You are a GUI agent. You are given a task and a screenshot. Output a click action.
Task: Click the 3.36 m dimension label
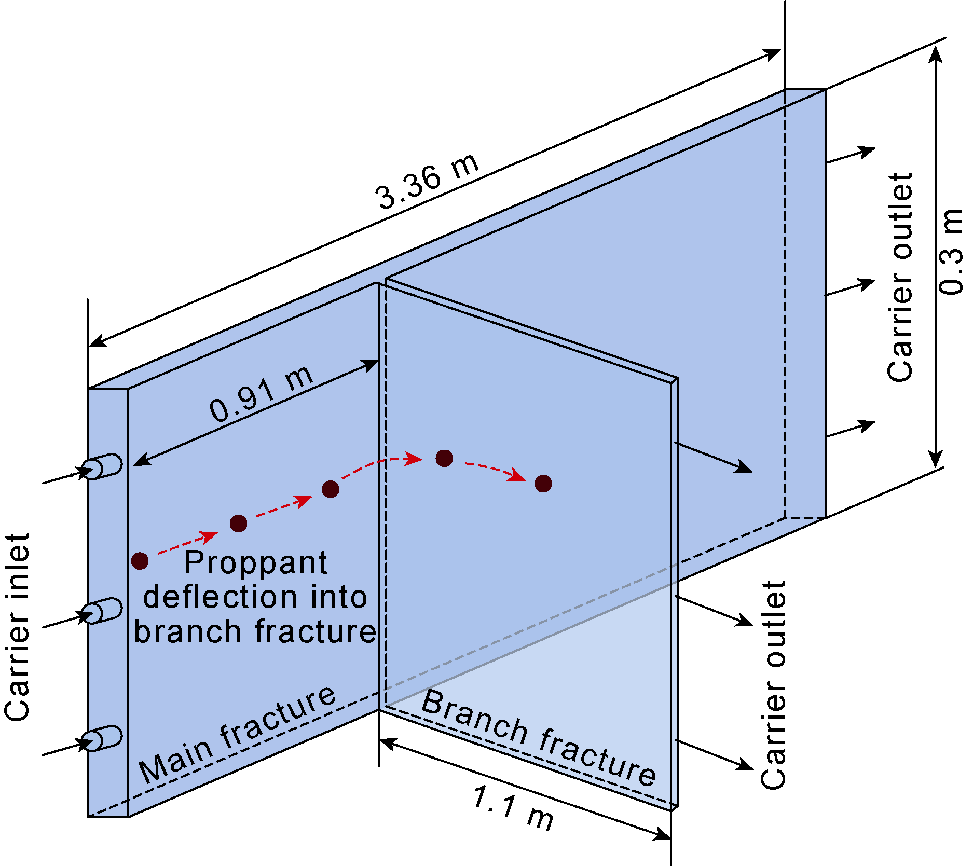point(427,182)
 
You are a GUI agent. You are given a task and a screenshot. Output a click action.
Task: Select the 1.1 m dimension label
point(513,808)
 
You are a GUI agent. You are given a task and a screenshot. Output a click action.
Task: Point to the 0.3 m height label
point(951,252)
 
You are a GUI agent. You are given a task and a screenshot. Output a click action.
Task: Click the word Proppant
point(255,562)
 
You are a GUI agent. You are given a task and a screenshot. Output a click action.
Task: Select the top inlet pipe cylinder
point(103,466)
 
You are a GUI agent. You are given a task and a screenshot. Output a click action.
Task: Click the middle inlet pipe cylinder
point(103,610)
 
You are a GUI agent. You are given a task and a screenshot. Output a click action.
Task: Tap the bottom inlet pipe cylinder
point(103,738)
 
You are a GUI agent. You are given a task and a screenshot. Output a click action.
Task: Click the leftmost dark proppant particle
point(140,560)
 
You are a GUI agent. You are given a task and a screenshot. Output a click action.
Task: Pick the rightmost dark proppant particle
point(543,483)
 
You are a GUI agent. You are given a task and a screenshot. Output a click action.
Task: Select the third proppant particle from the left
point(331,489)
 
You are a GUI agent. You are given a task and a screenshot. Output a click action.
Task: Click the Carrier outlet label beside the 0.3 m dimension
point(900,278)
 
